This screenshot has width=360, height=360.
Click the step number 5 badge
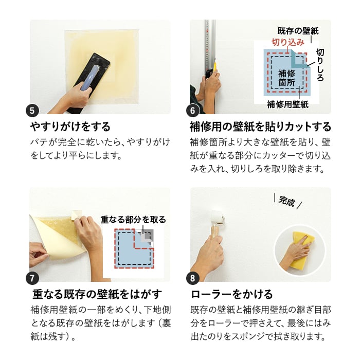[32, 111]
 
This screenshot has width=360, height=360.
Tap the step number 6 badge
[193, 111]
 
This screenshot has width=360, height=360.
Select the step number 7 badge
[32, 278]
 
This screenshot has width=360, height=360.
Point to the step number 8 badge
[193, 278]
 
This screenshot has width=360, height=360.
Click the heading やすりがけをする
[70, 127]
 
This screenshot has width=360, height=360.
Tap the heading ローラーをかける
[232, 294]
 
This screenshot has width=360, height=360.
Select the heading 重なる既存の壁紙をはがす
[97, 294]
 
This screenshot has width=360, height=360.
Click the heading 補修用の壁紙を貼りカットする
[260, 127]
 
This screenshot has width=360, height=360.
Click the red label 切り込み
[288, 42]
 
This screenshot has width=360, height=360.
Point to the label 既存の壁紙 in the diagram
[298, 31]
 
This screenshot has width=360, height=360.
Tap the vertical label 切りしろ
[320, 65]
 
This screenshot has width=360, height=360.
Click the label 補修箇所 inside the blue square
[287, 78]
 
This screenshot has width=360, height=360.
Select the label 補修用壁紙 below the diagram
[287, 105]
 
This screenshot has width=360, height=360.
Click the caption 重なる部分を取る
[133, 220]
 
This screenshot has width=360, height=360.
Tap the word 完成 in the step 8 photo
[286, 201]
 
